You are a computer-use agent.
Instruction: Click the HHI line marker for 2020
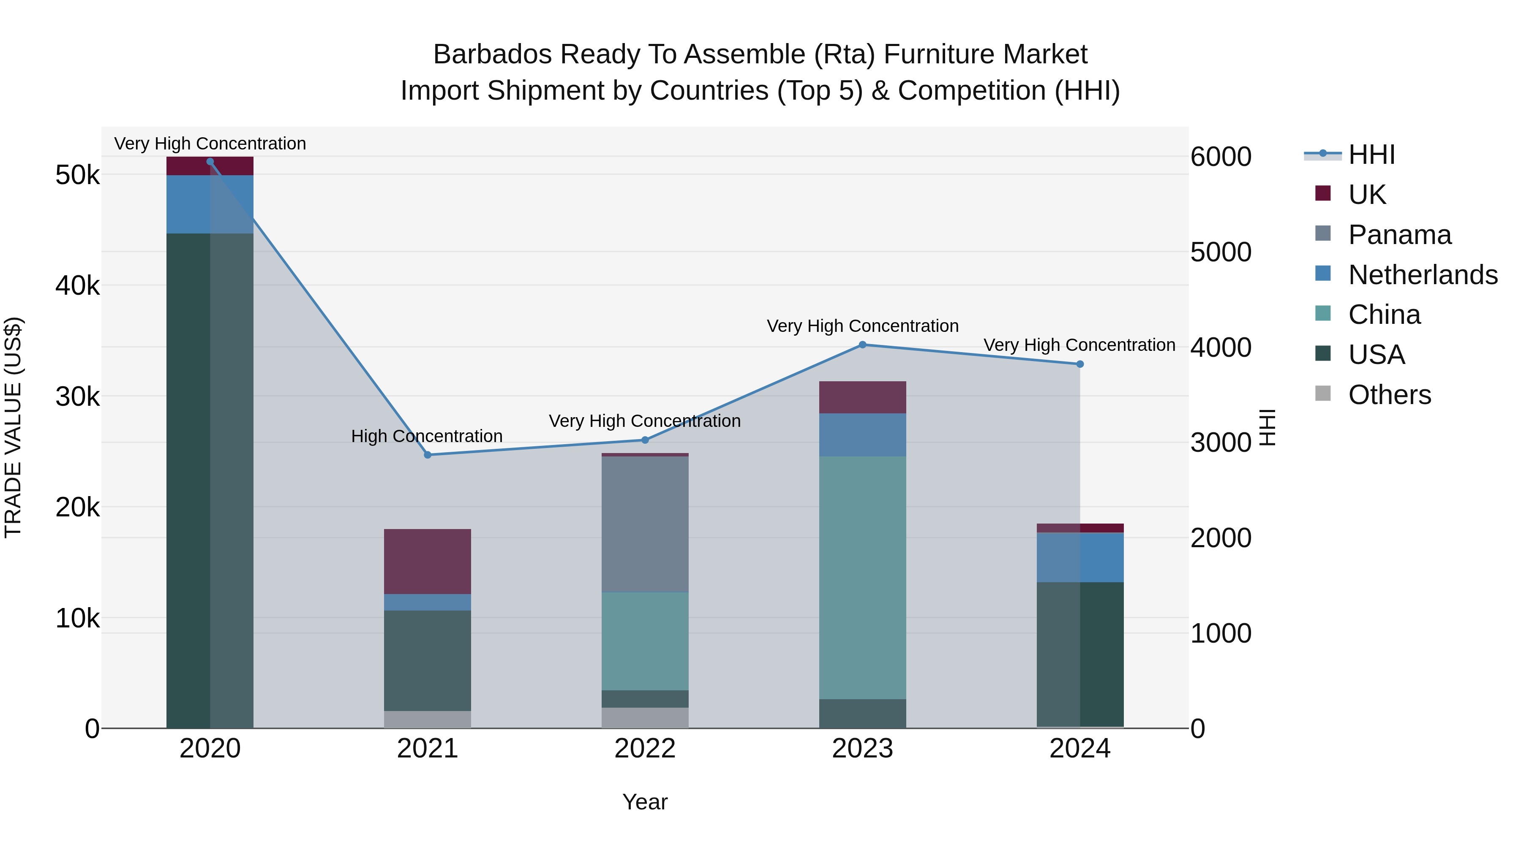coord(210,162)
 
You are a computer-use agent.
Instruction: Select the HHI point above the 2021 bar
coord(428,455)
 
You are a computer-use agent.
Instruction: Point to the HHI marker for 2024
coord(1080,364)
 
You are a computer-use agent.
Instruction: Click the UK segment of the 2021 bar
coord(428,561)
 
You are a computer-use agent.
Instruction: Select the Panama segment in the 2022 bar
coord(645,524)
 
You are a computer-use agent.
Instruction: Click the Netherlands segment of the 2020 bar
coord(210,204)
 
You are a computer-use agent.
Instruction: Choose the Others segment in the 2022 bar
coord(645,717)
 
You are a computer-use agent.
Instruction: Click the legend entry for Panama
coord(1399,235)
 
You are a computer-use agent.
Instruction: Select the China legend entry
coord(1384,315)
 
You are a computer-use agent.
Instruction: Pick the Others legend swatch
coord(1323,394)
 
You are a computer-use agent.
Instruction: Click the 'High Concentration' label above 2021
coord(427,436)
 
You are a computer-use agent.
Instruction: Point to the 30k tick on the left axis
coord(78,396)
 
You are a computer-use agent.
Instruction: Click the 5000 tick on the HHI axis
coord(1221,252)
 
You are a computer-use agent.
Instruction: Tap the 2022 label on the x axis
coord(645,749)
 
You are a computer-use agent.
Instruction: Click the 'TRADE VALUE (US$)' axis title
coord(13,427)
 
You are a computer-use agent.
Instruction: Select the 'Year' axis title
coord(645,802)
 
